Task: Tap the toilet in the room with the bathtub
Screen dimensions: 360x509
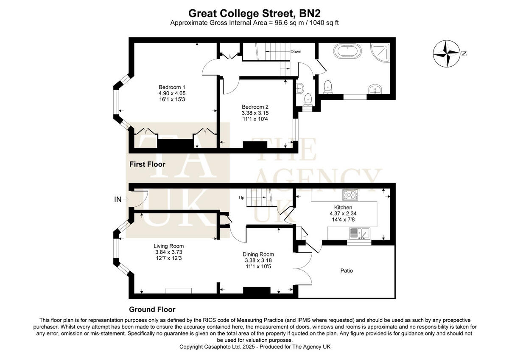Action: tap(327, 87)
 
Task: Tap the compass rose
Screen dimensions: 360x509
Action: tap(447, 53)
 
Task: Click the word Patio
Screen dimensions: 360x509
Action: tap(347, 270)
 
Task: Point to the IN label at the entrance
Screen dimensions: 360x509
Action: tap(118, 199)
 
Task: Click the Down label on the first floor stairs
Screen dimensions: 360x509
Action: tap(296, 52)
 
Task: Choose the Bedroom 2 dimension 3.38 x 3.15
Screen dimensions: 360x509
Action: tap(255, 113)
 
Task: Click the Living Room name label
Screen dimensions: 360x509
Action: tap(168, 246)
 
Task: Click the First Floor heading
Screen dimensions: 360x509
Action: tap(147, 164)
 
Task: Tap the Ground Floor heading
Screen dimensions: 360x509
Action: tap(152, 309)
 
